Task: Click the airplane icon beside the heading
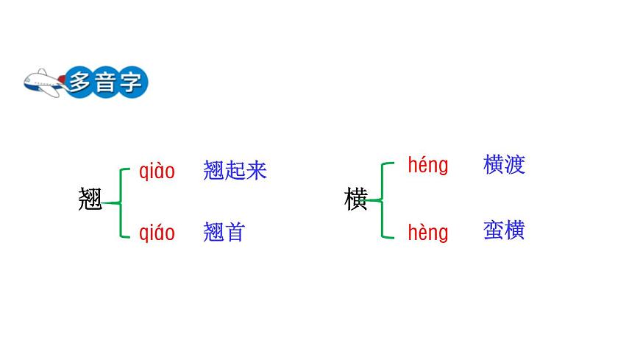(x=43, y=82)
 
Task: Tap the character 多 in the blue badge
(x=79, y=82)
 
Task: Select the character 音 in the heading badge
(x=104, y=82)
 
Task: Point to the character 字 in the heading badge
(x=130, y=82)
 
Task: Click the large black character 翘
(x=90, y=200)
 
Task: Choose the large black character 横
(x=355, y=200)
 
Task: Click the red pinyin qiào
(x=157, y=172)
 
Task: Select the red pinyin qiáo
(x=157, y=233)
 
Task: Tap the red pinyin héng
(x=427, y=165)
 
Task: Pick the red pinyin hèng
(x=427, y=233)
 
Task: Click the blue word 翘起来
(x=235, y=171)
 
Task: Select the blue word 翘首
(x=224, y=233)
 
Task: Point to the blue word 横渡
(x=504, y=164)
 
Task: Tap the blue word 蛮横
(x=504, y=230)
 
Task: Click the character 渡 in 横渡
(x=515, y=164)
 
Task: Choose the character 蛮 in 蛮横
(x=494, y=230)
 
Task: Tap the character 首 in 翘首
(x=234, y=233)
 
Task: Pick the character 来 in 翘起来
(x=256, y=171)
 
